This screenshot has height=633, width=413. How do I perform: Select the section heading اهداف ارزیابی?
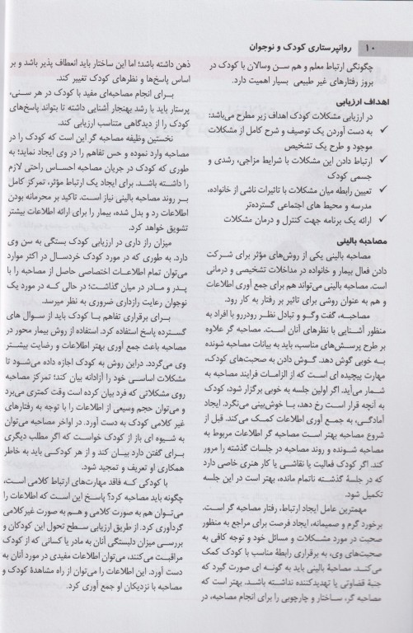click(x=375, y=97)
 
